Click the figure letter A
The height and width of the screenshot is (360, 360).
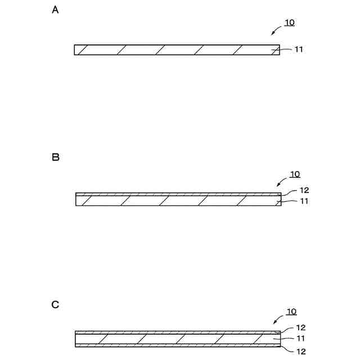(x=55, y=10)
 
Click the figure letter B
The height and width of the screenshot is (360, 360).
(x=56, y=157)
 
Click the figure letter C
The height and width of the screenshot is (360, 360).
(x=55, y=304)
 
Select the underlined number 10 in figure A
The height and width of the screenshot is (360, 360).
(x=289, y=23)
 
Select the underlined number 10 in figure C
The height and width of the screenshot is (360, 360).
(x=291, y=312)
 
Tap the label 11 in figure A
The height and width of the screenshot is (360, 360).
(x=299, y=49)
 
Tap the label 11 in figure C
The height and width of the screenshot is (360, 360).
(x=300, y=339)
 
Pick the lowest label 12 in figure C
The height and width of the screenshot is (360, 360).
(x=300, y=351)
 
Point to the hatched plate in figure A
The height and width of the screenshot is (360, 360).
(x=177, y=49)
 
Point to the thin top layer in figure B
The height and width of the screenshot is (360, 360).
(x=178, y=194)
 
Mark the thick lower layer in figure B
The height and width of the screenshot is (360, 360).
(x=178, y=201)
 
